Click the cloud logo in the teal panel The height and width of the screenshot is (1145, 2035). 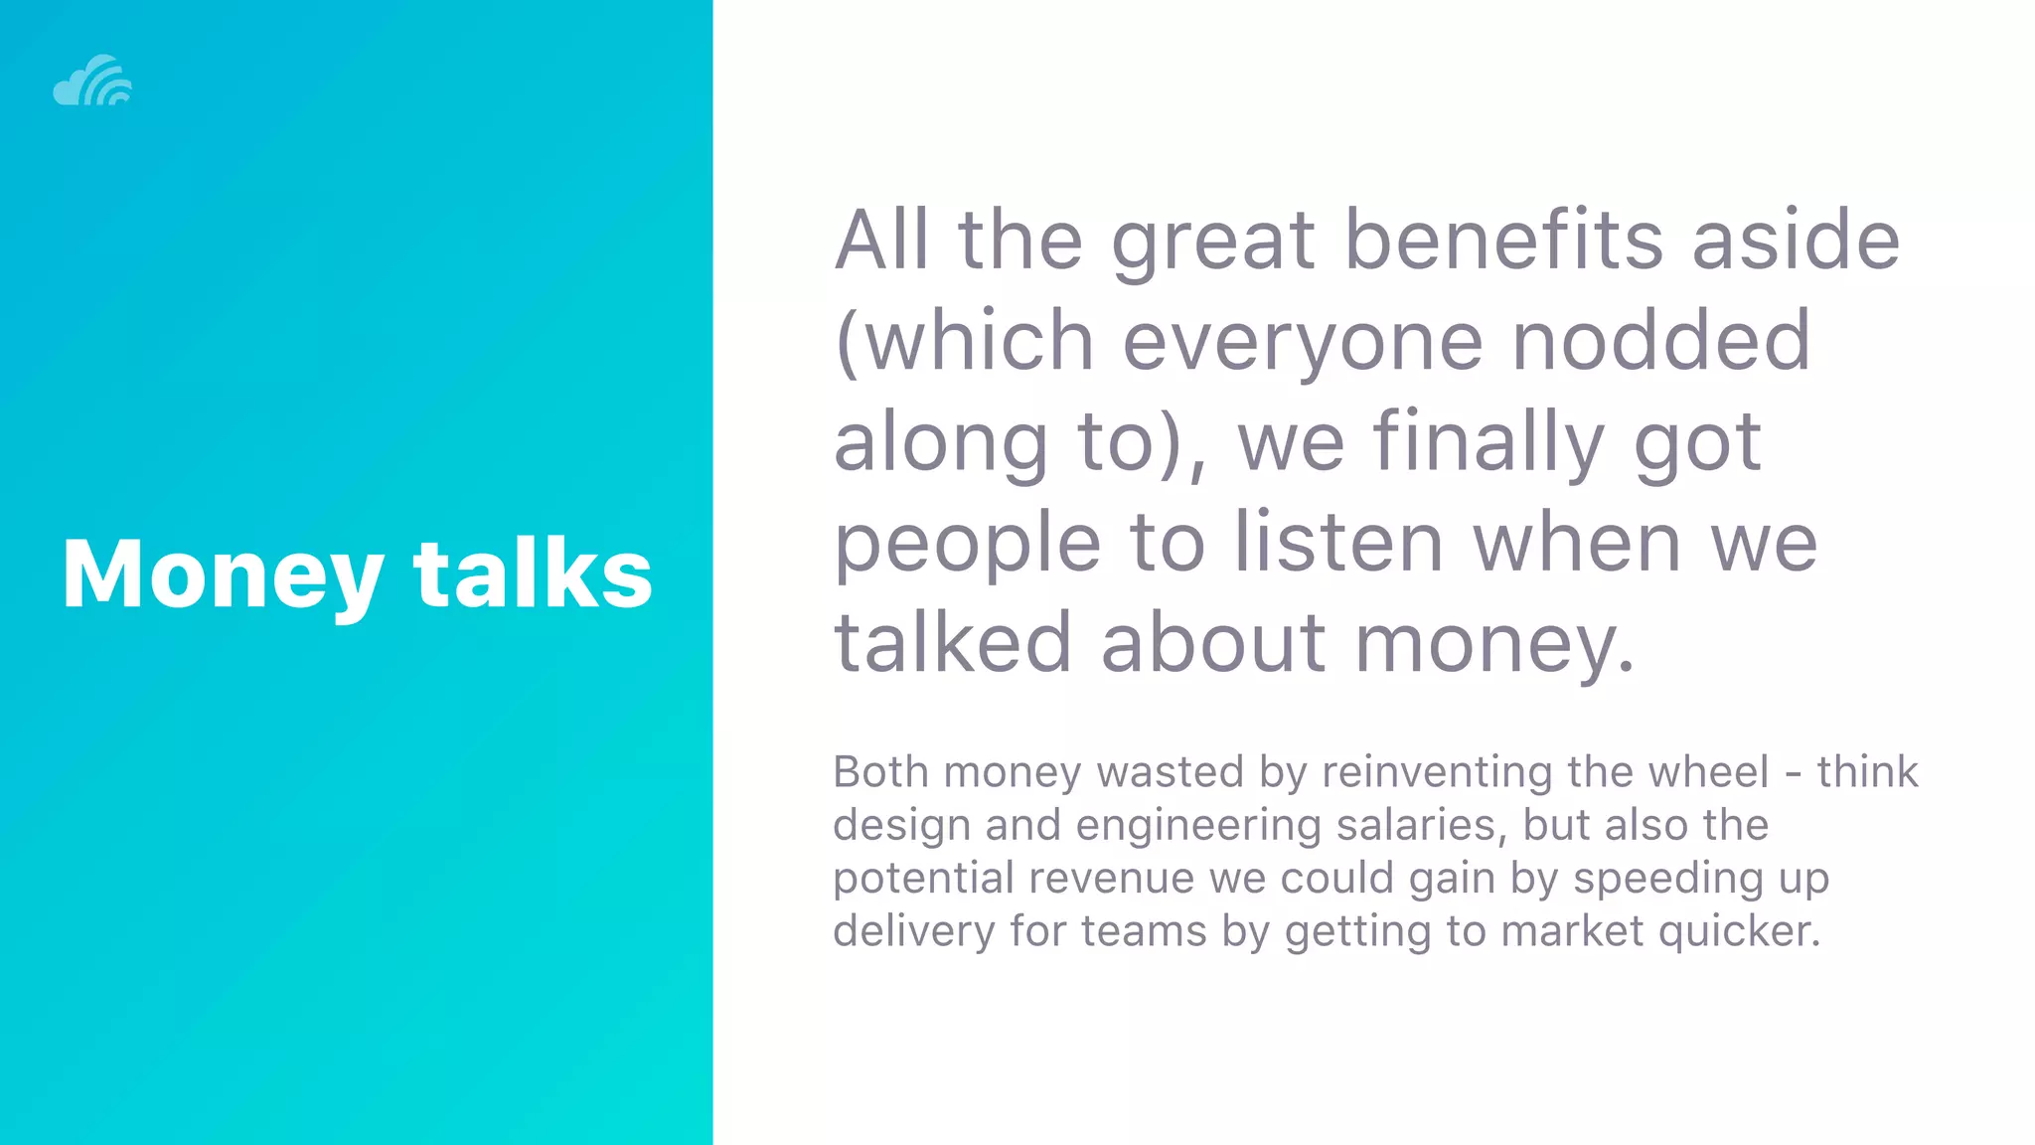point(92,81)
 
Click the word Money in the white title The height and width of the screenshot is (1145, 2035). point(222,573)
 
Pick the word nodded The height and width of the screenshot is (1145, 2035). point(1661,340)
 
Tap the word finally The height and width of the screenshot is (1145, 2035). point(1488,442)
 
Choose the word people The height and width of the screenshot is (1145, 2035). point(967,545)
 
